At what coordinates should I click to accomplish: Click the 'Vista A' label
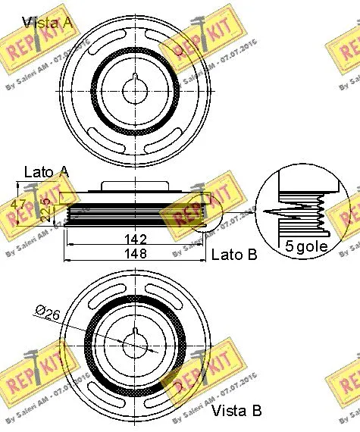47,21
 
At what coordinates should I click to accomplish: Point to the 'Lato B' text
233,255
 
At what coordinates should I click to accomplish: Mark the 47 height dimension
23,204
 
